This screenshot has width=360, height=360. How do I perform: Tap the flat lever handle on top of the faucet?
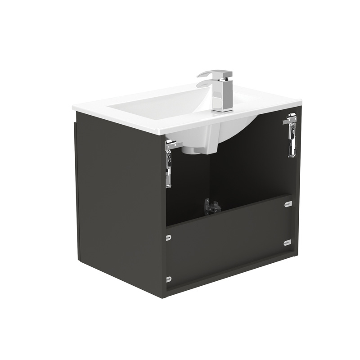click(x=215, y=73)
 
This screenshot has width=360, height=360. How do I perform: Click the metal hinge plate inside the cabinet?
click(x=212, y=207)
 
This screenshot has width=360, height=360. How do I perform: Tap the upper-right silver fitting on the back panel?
click(x=288, y=204)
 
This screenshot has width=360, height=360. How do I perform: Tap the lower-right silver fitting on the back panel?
click(x=287, y=243)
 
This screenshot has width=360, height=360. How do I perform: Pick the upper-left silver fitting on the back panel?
click(x=168, y=238)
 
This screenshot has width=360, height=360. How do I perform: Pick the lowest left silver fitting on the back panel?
click(x=169, y=279)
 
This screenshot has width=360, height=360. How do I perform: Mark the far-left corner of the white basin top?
click(x=73, y=108)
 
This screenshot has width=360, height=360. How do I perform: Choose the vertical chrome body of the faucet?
click(x=223, y=92)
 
